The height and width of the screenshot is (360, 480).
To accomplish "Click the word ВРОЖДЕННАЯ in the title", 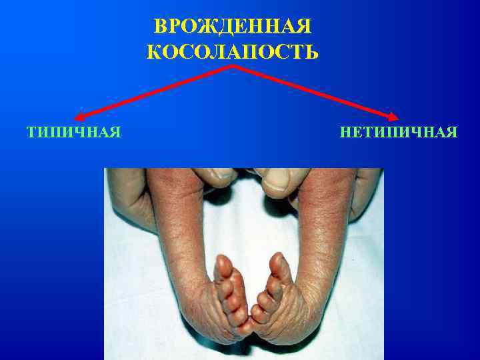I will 233,26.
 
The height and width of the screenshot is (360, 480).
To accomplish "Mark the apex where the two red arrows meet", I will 233,67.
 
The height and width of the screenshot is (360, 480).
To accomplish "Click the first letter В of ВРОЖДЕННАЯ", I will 160,26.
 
